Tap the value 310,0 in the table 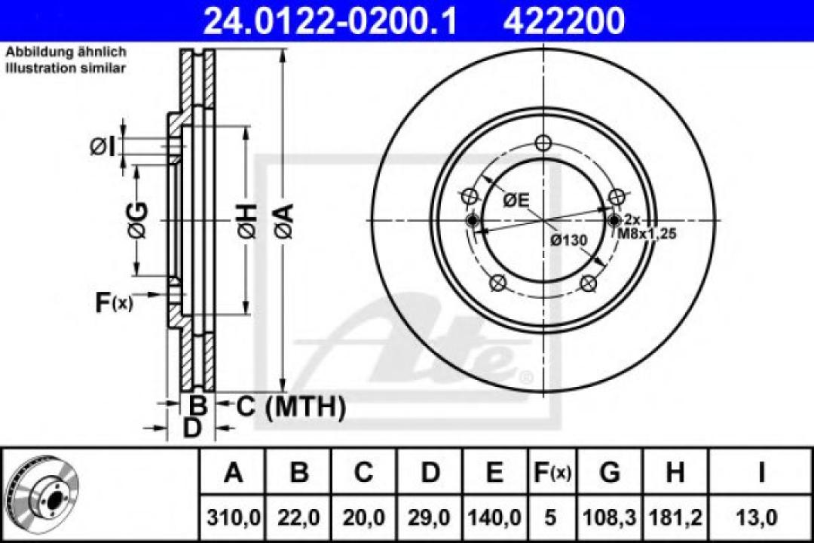(x=234, y=518)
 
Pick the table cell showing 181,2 (x=675, y=518)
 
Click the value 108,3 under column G (x=610, y=518)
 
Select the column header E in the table (x=494, y=473)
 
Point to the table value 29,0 (x=430, y=518)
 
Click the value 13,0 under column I (x=761, y=518)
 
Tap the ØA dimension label (x=284, y=221)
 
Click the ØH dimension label (x=246, y=220)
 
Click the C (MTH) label (x=291, y=407)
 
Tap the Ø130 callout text (x=568, y=240)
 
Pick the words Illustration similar (x=66, y=68)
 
